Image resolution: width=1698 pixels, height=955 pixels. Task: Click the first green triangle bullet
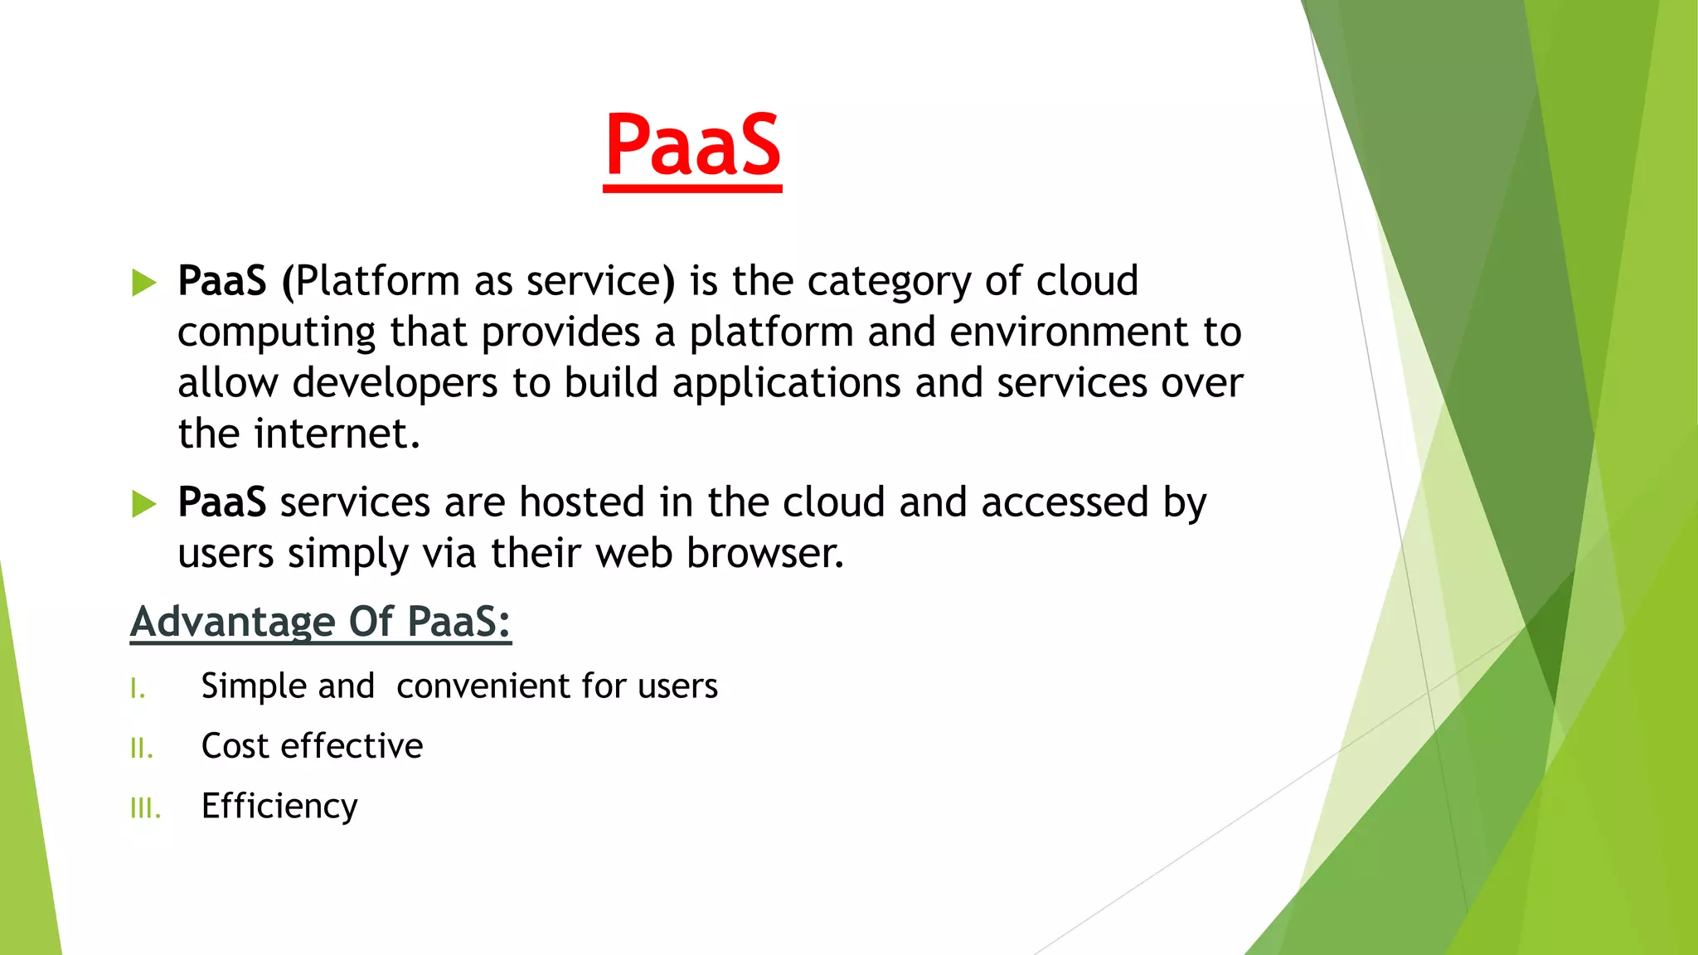coord(144,283)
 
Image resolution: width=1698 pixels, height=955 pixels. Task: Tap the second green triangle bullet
coord(144,503)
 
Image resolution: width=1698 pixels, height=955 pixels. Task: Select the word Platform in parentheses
coord(377,281)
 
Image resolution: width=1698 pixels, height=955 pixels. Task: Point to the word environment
coord(1069,332)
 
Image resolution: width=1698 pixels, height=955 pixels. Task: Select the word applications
coord(786,384)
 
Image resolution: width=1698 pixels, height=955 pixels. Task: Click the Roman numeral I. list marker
coord(138,689)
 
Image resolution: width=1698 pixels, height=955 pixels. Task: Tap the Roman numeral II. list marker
coord(142,749)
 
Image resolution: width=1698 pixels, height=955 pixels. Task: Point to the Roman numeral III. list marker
coord(145,808)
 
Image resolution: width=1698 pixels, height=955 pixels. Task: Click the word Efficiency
coord(279,807)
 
